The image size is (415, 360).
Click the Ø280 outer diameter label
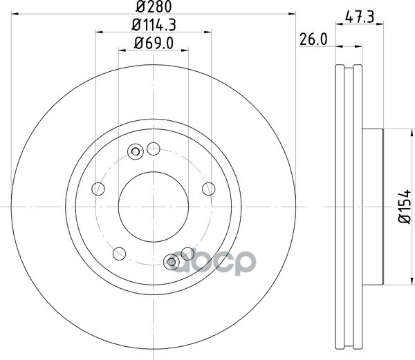tap(154, 6)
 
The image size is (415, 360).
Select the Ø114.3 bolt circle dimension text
tap(154, 25)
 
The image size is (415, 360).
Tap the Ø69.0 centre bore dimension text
tap(154, 43)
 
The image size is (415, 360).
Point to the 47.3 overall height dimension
tap(360, 17)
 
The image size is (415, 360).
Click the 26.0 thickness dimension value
tap(313, 39)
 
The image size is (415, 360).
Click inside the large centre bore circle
tap(154, 207)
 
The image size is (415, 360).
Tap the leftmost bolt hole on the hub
tap(98, 189)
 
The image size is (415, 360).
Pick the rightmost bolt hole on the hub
tap(209, 189)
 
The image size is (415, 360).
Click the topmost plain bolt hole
tap(154, 149)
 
